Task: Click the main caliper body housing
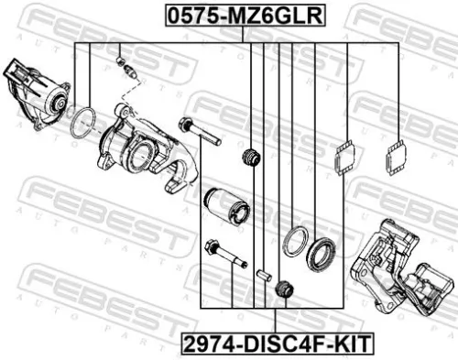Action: click(x=137, y=143)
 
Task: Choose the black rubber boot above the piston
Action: click(x=249, y=158)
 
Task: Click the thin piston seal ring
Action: click(x=294, y=242)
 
